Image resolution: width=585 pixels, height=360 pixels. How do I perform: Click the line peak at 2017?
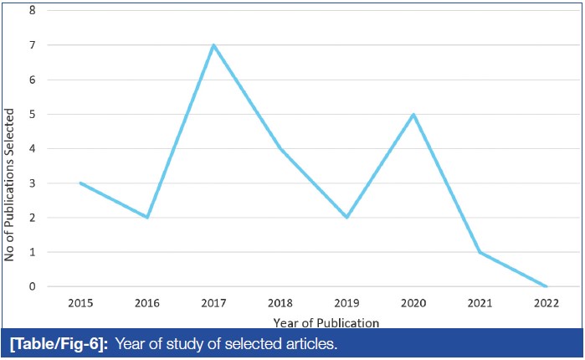213,45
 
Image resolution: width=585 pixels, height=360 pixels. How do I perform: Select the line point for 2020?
414,114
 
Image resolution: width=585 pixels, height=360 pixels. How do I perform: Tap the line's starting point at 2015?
80,183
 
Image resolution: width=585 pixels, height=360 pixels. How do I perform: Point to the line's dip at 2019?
347,217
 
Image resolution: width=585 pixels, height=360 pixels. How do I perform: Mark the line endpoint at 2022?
547,286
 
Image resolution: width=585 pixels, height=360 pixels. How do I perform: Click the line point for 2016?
146,217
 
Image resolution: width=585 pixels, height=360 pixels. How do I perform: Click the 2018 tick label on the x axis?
280,301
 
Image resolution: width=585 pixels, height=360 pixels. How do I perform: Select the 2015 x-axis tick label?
80,301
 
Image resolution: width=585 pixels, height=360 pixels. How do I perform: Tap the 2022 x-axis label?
547,301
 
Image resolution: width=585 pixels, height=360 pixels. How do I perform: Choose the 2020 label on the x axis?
414,301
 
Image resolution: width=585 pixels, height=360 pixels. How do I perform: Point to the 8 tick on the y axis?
33,10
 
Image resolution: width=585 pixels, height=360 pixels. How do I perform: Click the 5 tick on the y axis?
33,114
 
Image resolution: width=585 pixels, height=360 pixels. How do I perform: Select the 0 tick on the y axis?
33,286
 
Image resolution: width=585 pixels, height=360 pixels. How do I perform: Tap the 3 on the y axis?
33,183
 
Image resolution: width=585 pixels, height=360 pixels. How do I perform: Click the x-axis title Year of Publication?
326,321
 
